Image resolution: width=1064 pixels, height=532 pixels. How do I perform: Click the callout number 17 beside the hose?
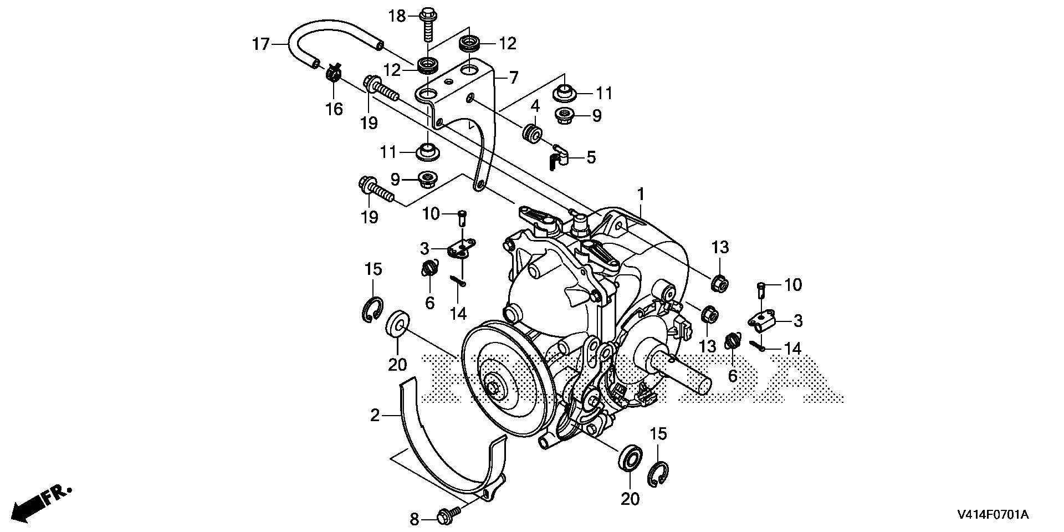point(260,44)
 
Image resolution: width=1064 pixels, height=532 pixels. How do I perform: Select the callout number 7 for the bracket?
point(513,78)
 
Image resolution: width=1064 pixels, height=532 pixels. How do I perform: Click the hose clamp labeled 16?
point(334,73)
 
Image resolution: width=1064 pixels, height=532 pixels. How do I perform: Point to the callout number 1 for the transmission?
point(641,195)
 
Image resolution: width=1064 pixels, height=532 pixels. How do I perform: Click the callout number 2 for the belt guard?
point(375,415)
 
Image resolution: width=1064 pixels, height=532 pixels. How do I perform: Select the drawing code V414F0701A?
point(992,515)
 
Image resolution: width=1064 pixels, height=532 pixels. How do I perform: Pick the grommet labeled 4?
point(533,134)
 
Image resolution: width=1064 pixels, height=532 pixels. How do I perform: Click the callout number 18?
point(397,16)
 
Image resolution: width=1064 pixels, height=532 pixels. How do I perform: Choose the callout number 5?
point(591,157)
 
